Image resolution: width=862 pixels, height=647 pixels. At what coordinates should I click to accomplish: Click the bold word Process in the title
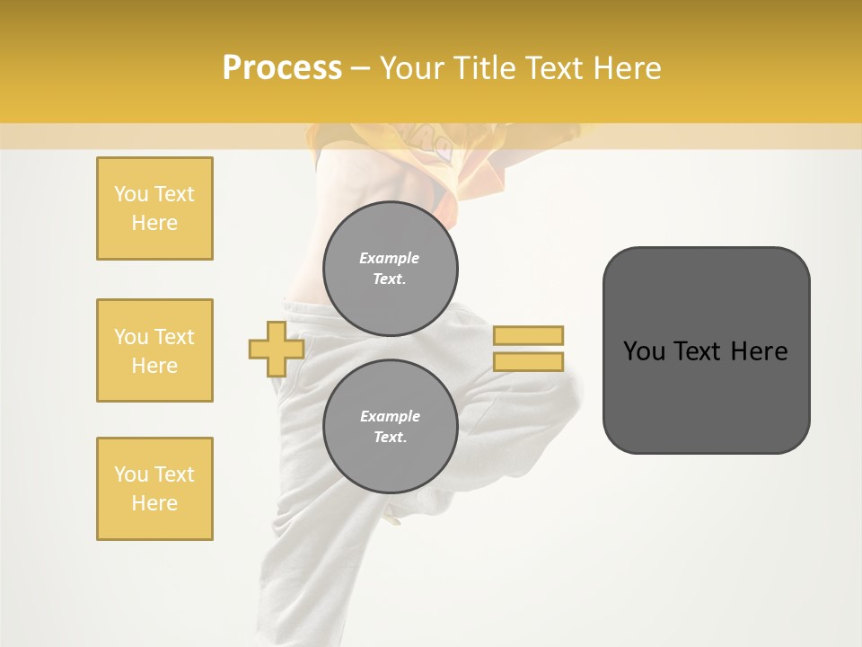click(282, 68)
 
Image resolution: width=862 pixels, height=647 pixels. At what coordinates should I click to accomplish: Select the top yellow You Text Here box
click(154, 208)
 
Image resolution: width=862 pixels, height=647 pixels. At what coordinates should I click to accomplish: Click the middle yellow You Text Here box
click(154, 350)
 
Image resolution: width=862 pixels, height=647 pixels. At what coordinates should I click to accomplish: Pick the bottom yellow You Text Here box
click(154, 489)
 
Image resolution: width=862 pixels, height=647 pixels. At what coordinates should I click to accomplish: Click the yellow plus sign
click(276, 349)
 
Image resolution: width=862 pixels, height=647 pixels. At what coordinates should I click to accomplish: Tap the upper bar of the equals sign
click(528, 336)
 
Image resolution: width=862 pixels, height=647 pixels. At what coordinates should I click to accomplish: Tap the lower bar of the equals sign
click(528, 361)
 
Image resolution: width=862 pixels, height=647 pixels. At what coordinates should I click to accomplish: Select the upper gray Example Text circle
click(390, 269)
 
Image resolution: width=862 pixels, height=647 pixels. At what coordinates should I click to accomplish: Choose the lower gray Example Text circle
click(390, 427)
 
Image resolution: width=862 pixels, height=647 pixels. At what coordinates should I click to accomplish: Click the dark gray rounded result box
click(706, 350)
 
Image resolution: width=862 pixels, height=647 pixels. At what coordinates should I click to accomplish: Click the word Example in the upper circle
click(389, 258)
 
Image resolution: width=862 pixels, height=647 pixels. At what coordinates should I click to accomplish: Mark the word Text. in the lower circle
click(390, 438)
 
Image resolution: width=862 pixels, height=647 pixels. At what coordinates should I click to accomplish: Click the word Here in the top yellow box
click(154, 223)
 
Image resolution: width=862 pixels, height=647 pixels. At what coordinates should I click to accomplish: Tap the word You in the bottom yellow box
click(131, 474)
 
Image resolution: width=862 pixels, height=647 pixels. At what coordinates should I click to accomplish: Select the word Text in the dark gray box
click(700, 350)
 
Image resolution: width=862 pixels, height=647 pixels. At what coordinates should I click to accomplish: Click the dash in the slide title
click(360, 68)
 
